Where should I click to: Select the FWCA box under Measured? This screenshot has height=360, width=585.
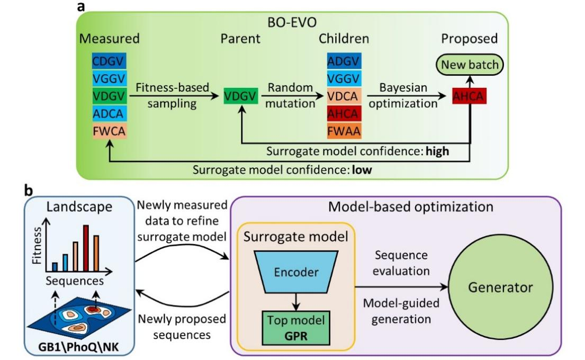(109, 131)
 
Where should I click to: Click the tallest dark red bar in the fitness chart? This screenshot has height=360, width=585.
(85, 247)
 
